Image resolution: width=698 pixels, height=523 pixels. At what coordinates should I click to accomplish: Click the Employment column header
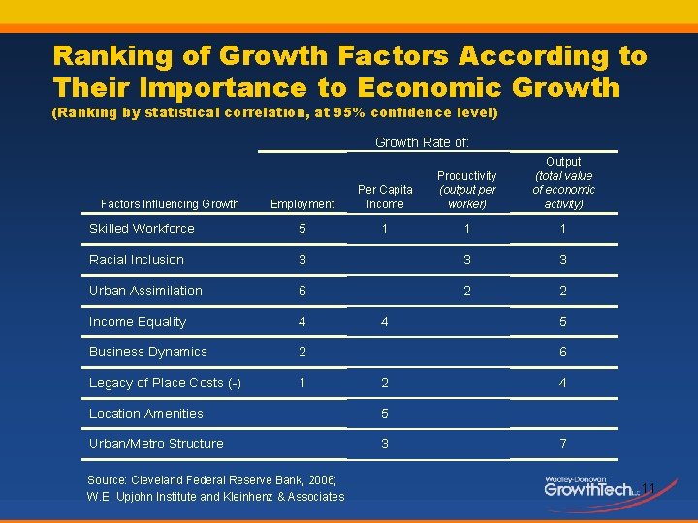tap(302, 204)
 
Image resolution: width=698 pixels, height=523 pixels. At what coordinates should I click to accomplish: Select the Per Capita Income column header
tap(385, 197)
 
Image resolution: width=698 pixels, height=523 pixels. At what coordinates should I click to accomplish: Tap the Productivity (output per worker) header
tap(466, 190)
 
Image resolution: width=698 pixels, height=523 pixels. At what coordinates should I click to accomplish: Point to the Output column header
tap(563, 183)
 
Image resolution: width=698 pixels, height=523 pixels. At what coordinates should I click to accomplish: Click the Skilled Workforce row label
tap(142, 229)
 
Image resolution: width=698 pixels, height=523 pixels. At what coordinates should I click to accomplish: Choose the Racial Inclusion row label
tap(136, 260)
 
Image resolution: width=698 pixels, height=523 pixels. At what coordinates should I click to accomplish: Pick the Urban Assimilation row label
tap(145, 291)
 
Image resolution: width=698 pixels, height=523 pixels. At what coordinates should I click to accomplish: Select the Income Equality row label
tap(137, 322)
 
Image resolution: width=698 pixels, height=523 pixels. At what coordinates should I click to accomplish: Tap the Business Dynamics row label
tap(147, 352)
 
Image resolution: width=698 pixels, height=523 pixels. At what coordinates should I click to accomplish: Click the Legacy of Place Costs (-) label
tap(165, 383)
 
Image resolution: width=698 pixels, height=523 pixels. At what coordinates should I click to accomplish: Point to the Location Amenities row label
tap(145, 414)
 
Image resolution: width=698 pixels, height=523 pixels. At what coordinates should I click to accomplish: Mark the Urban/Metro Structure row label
tap(156, 444)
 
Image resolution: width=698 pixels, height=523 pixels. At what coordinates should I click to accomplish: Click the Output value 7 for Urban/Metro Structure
tap(563, 444)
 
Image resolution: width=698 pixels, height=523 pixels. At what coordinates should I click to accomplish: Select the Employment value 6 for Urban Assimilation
tap(302, 291)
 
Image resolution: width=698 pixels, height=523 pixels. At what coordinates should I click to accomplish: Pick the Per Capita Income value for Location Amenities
tap(385, 414)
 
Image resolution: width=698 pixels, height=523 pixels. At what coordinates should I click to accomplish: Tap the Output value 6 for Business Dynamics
tap(563, 352)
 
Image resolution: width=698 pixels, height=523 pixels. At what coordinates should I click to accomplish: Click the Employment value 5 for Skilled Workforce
tap(302, 229)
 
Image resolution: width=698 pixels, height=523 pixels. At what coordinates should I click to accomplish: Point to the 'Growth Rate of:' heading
tap(422, 142)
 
